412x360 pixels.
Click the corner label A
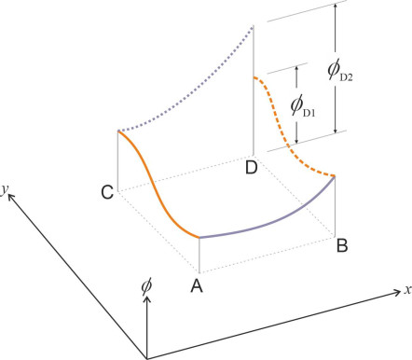[x=197, y=285]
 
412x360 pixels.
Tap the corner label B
[x=342, y=245]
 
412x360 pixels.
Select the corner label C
[x=107, y=192]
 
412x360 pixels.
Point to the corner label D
[x=252, y=168]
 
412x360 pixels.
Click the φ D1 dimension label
[x=303, y=106]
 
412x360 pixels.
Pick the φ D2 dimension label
[x=340, y=71]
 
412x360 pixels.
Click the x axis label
[x=408, y=290]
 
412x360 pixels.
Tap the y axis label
[x=4, y=190]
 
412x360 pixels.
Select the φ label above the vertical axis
[x=146, y=286]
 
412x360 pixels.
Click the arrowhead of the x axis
[x=397, y=292]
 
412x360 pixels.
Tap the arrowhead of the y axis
[x=11, y=197]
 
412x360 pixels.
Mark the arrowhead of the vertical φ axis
[x=147, y=300]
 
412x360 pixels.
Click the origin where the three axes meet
[x=147, y=358]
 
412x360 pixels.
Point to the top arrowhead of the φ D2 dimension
[x=335, y=7]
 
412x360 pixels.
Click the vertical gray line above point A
[x=199, y=256]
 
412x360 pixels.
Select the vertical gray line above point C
[x=118, y=161]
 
